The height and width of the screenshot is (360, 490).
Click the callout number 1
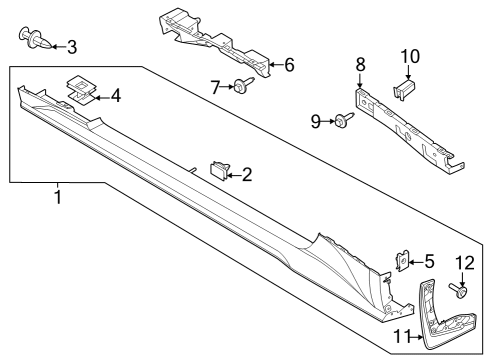click(57, 198)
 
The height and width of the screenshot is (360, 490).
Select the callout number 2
click(246, 175)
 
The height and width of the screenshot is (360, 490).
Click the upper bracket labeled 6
click(215, 42)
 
